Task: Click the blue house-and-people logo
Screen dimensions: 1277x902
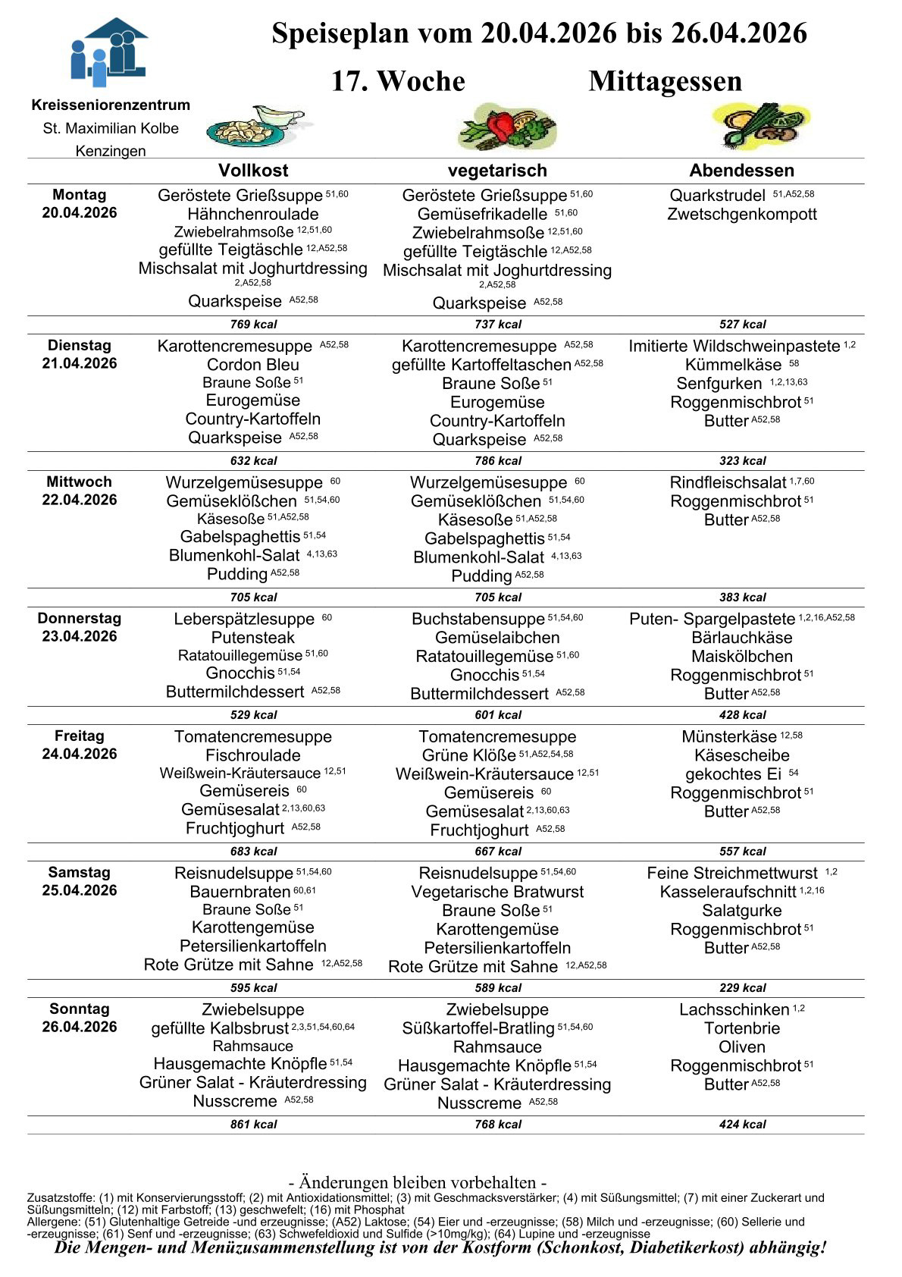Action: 108,51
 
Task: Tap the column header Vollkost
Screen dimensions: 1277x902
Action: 253,171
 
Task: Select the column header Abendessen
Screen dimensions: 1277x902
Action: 741,171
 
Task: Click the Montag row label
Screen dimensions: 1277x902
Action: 79,195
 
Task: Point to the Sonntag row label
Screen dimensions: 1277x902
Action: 79,1009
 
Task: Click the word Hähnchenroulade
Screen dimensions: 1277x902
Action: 253,214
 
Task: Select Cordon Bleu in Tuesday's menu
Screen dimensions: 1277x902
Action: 253,365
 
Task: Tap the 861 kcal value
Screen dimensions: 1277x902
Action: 253,1125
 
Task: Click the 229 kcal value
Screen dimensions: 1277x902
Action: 742,988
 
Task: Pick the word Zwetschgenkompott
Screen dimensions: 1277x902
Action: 741,215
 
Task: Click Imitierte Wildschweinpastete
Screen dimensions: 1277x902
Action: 734,347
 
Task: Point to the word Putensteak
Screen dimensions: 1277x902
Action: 253,638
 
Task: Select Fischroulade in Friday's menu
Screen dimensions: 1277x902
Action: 253,755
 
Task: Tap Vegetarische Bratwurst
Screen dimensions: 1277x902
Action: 497,892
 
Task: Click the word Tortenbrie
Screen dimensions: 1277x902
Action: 741,1028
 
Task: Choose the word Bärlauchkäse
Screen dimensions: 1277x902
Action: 741,638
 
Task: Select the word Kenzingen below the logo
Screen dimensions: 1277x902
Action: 111,151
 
